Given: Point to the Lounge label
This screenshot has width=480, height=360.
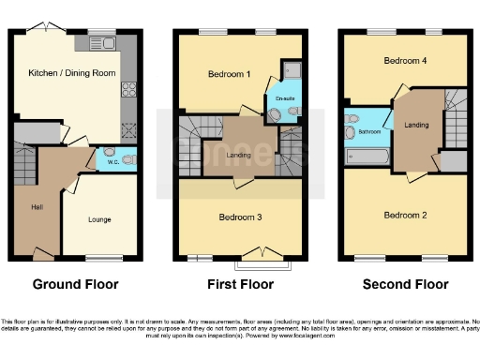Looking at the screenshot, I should click(99, 220).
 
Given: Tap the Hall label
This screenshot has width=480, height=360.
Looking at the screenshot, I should click(37, 207).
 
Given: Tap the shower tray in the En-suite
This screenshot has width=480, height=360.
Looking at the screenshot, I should click(291, 70).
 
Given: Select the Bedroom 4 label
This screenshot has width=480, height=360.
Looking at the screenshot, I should click(399, 60).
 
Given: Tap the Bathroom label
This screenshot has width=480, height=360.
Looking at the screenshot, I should click(368, 132).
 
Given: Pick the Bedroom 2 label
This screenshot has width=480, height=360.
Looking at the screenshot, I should click(405, 215).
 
